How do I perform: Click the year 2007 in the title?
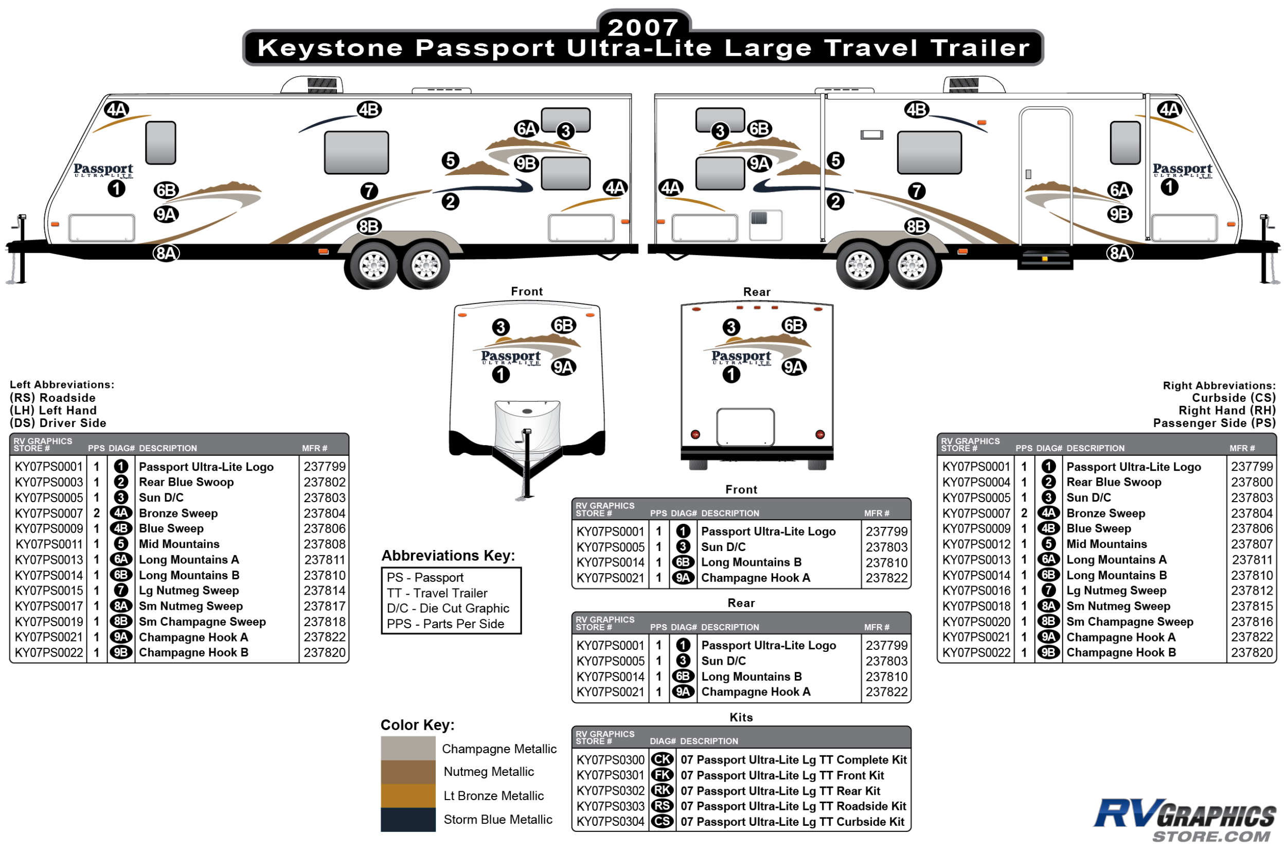click(643, 27)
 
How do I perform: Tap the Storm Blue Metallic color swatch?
click(407, 820)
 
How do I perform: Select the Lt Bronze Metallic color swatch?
click(407, 795)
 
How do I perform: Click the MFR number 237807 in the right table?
click(1251, 544)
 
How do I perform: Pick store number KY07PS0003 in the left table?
click(49, 482)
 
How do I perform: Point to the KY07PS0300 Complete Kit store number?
click(611, 760)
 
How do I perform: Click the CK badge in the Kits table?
click(662, 759)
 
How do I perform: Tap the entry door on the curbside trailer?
click(1046, 177)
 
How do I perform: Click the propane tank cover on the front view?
click(527, 427)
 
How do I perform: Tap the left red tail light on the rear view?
click(695, 434)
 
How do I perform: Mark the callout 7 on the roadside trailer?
click(369, 191)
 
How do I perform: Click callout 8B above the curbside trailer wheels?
click(917, 226)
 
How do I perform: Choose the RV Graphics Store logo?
click(1185, 820)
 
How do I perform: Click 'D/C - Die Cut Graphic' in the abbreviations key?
click(448, 608)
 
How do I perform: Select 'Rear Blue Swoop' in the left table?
click(186, 482)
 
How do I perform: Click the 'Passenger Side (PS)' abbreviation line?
click(1214, 423)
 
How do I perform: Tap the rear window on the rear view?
click(745, 427)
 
